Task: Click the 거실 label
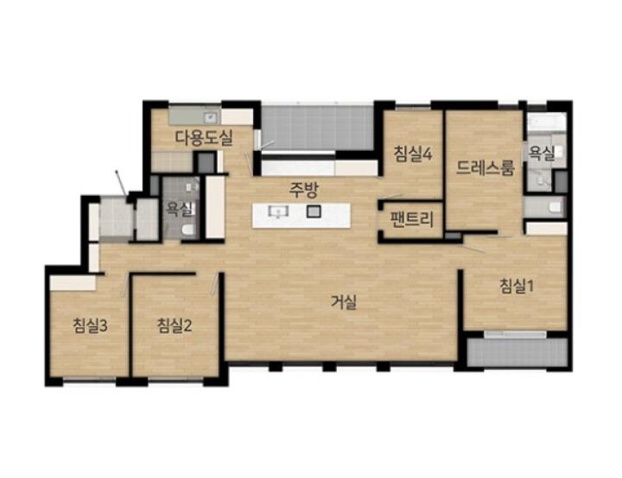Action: point(344,302)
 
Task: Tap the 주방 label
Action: point(303,190)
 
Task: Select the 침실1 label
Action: point(517,286)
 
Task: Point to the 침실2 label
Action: point(175,325)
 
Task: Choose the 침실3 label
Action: point(90,326)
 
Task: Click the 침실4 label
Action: point(413,154)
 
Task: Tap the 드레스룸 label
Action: point(486,167)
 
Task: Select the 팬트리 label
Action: point(413,219)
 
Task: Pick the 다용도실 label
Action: point(204,138)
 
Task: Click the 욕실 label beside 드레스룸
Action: point(542,154)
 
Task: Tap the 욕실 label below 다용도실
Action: point(180,209)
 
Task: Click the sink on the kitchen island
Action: point(278,211)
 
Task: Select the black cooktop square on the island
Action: point(314,211)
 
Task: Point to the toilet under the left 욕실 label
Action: point(188,230)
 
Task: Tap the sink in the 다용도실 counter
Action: point(210,117)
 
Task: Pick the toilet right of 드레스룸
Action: point(554,207)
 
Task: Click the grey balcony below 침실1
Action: point(517,352)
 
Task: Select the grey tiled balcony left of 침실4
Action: point(317,127)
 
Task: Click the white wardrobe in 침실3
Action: point(73,283)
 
